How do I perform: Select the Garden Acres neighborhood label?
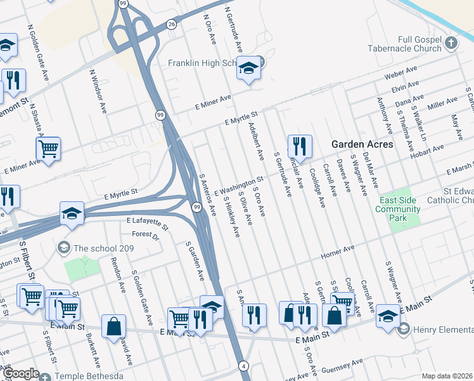click(x=362, y=144)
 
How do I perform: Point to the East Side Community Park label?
click(x=400, y=209)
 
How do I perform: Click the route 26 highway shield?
click(x=171, y=24)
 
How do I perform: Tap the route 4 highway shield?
click(x=243, y=366)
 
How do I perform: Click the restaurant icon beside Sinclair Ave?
click(x=300, y=145)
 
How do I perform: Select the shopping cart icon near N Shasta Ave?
click(x=48, y=148)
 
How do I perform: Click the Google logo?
click(x=22, y=373)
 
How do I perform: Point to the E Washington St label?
click(x=238, y=187)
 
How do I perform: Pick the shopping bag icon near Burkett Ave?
click(x=113, y=326)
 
